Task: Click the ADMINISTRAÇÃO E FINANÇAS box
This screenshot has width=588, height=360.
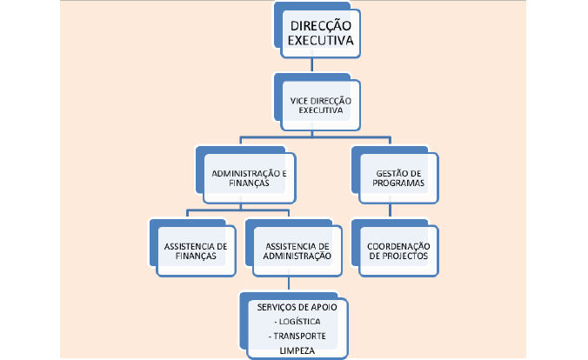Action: point(249,178)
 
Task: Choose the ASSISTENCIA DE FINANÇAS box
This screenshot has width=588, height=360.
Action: point(196,250)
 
